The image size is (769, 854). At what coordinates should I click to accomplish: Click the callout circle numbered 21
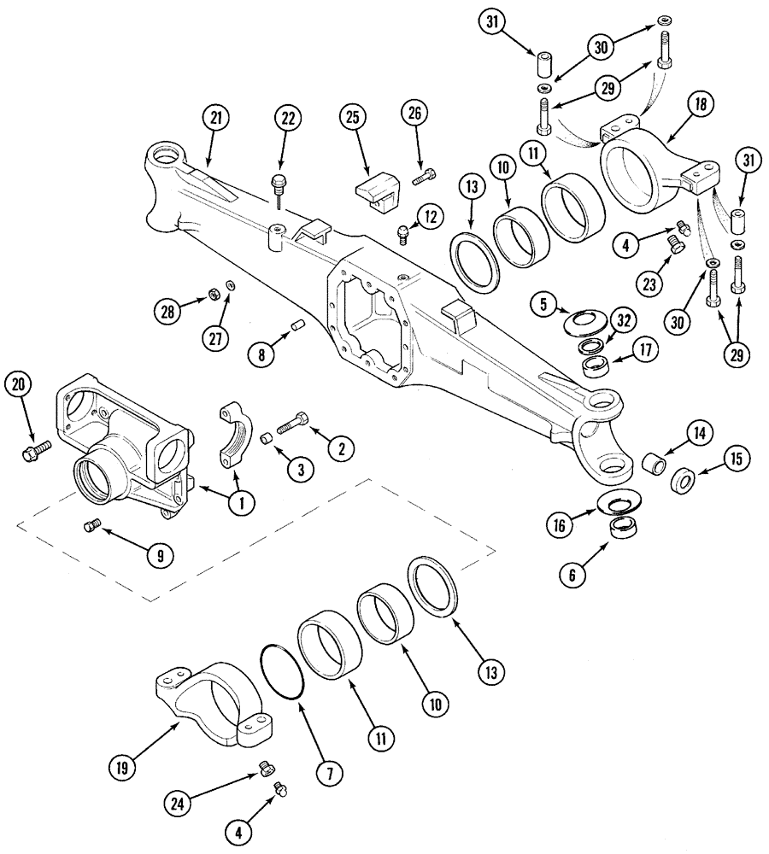[214, 120]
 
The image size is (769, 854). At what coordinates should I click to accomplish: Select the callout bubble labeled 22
[285, 120]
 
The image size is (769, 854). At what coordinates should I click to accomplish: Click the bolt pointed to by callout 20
[31, 448]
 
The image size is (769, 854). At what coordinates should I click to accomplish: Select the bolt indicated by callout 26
[424, 178]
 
